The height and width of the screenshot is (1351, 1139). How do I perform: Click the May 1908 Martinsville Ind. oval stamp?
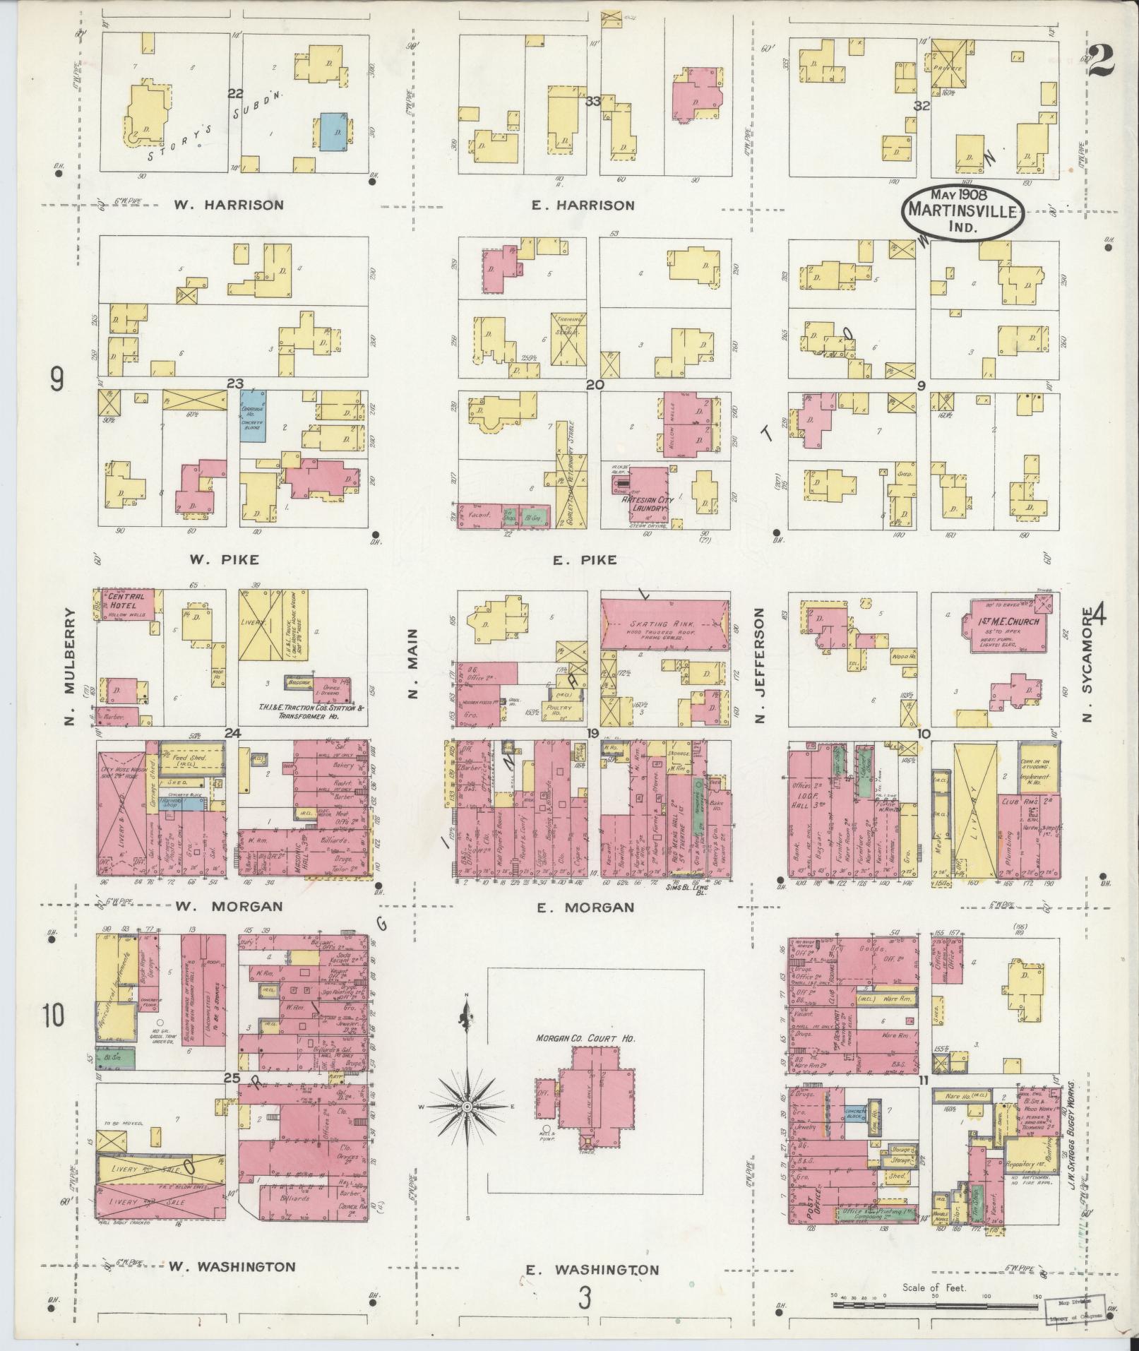[x=962, y=210]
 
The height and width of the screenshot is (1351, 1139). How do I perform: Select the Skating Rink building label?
[x=663, y=625]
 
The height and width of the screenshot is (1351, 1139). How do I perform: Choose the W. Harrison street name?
[x=229, y=206]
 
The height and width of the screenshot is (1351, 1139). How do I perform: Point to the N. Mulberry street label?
[x=70, y=667]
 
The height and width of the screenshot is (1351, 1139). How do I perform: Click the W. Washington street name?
[x=232, y=1266]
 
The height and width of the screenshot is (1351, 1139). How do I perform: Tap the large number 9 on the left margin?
[x=56, y=381]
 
